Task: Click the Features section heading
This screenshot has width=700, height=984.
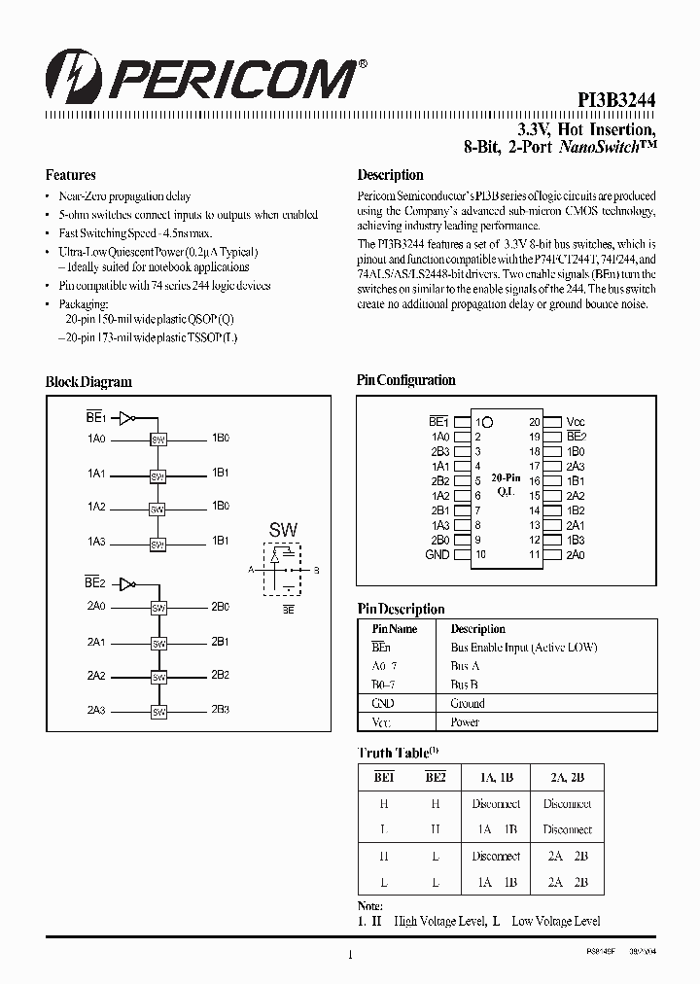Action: click(70, 176)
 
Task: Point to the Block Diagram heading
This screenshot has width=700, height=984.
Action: click(88, 382)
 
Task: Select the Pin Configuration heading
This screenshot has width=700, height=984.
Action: click(405, 380)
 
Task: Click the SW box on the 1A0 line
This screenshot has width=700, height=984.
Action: click(158, 439)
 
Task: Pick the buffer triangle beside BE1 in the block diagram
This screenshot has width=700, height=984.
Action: click(124, 419)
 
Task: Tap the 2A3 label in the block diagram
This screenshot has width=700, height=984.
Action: click(95, 711)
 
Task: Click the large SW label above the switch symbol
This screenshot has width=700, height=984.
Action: click(283, 531)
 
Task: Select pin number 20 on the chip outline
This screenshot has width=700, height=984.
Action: click(534, 422)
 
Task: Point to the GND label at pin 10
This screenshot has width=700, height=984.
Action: click(437, 554)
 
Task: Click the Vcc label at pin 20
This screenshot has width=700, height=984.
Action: click(576, 422)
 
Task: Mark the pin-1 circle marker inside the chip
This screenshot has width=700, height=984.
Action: click(487, 422)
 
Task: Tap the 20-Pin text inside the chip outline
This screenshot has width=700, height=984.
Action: click(506, 478)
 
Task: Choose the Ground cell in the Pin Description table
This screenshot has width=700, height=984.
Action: click(468, 703)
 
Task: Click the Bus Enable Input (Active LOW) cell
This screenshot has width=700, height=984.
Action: click(523, 648)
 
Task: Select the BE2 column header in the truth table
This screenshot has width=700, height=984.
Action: click(435, 777)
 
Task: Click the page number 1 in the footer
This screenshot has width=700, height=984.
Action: click(349, 955)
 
